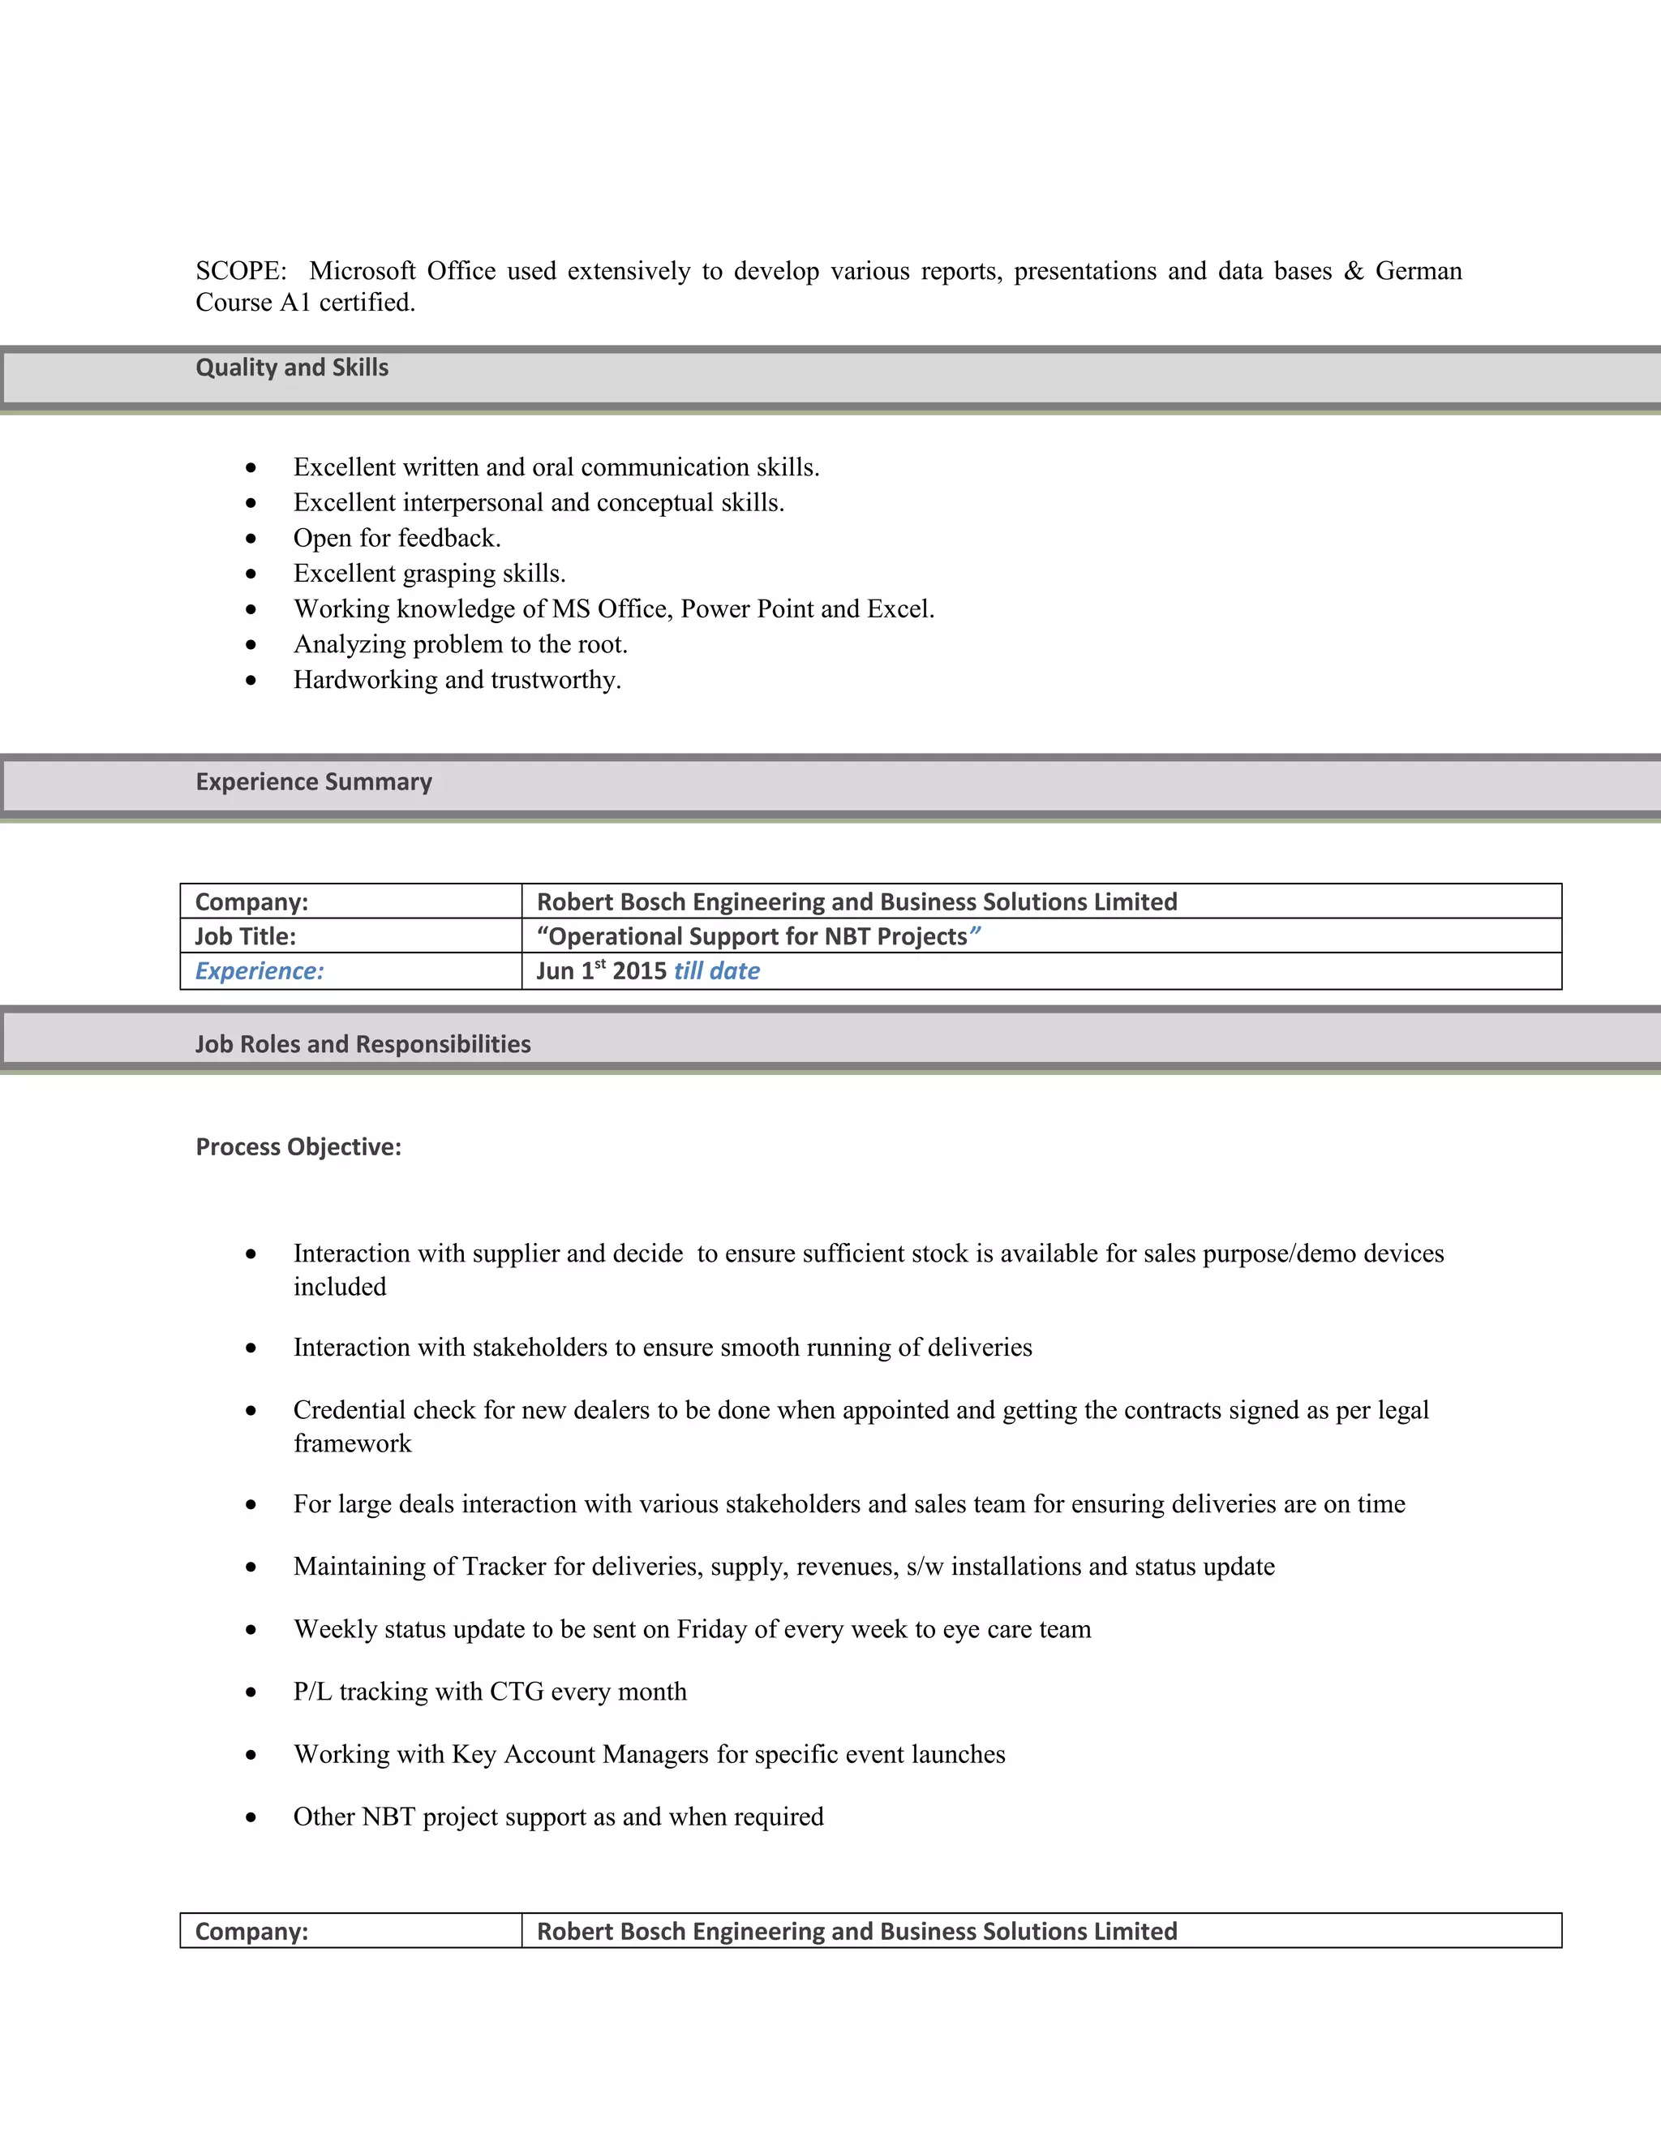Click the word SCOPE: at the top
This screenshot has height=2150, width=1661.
[x=240, y=271]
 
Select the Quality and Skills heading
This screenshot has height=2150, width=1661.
[x=291, y=368]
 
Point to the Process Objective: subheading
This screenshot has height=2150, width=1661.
[x=298, y=1147]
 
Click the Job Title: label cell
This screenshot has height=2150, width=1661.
[x=245, y=936]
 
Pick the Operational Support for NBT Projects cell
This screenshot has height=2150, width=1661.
[x=758, y=936]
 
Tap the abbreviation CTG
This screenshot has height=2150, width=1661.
[x=517, y=1692]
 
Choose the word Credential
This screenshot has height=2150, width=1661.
[x=350, y=1410]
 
